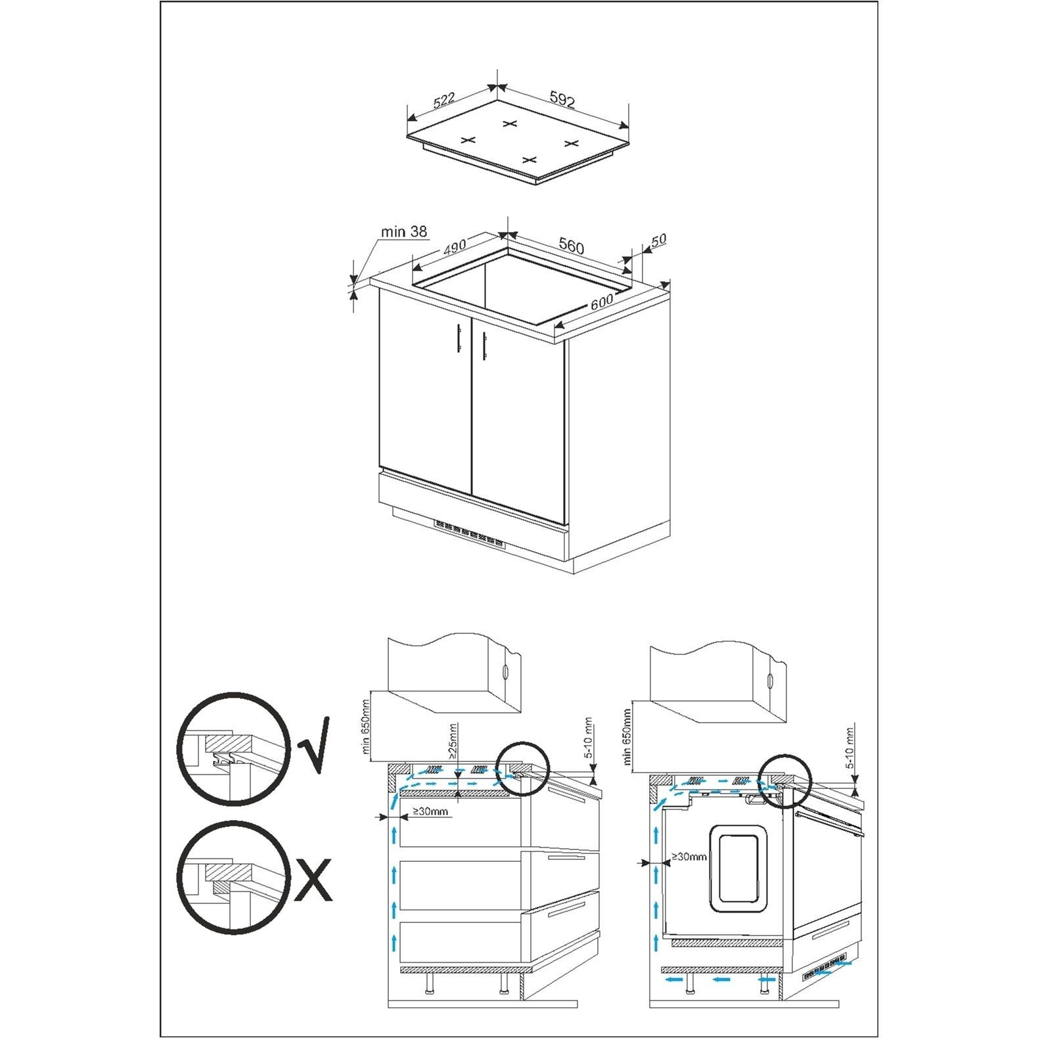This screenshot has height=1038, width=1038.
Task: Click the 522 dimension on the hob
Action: [x=445, y=102]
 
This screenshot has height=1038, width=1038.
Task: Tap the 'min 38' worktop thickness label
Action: [x=403, y=231]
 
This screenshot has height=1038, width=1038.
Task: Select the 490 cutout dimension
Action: [x=454, y=247]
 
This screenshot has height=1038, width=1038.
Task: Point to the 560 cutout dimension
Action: [x=571, y=246]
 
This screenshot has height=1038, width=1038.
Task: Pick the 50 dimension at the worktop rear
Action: [x=658, y=239]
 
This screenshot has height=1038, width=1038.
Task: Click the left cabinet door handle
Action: [x=459, y=340]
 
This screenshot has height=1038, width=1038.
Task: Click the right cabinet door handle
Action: [x=485, y=343]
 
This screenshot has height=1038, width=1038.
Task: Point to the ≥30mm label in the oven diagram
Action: [x=688, y=857]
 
